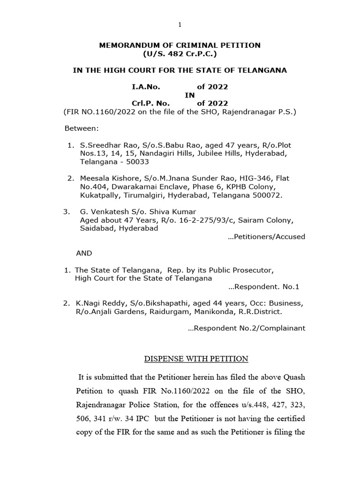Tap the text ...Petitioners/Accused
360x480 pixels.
pos(266,237)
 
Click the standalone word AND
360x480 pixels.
pos(84,253)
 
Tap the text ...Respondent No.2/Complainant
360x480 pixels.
pos(246,328)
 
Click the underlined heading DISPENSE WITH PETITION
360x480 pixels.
pos(195,359)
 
